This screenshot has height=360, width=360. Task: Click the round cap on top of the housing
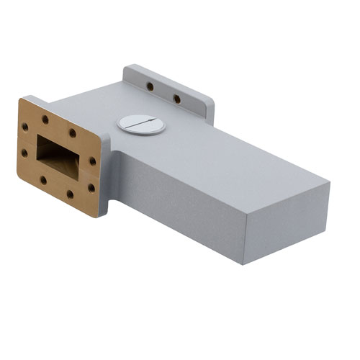click(142, 124)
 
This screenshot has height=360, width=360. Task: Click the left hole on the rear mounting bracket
click(150, 86)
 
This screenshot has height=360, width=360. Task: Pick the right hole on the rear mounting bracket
click(176, 98)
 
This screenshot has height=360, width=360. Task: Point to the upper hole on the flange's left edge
click(26, 126)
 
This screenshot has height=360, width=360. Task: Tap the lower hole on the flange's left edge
click(24, 153)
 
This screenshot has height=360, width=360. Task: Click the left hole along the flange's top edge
click(45, 120)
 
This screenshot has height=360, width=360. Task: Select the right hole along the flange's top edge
click(72, 132)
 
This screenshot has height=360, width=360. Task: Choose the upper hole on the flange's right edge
click(93, 162)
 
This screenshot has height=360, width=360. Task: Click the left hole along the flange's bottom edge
click(43, 180)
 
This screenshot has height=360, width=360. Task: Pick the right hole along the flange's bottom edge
click(70, 193)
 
